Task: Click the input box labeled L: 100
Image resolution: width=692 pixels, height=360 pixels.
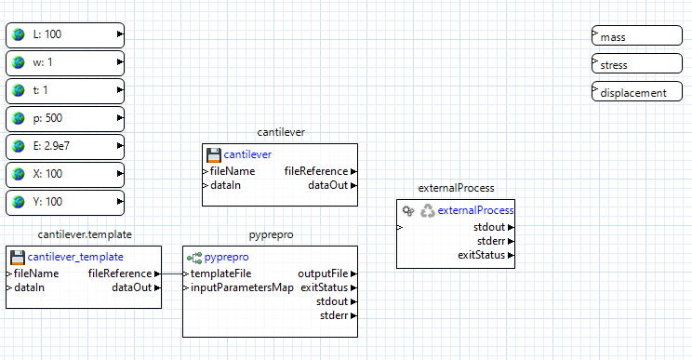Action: [65, 35]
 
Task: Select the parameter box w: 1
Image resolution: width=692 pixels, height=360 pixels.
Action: [65, 63]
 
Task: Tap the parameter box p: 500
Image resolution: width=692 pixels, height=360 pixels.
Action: [65, 118]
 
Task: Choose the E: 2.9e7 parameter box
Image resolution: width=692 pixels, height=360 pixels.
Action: [65, 146]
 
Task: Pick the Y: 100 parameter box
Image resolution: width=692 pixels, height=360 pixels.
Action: [65, 202]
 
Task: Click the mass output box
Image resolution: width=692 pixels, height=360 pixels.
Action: [637, 36]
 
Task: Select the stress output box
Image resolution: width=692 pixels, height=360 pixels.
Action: [637, 65]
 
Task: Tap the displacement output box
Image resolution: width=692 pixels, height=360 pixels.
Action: [637, 92]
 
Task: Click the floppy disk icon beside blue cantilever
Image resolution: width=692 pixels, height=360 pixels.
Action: [213, 154]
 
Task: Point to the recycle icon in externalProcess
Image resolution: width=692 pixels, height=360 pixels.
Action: [427, 211]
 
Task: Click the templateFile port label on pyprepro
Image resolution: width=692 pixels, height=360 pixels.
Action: [220, 273]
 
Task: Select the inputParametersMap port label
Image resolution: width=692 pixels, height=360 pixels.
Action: [242, 287]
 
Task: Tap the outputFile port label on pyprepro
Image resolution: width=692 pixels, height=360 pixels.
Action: [322, 273]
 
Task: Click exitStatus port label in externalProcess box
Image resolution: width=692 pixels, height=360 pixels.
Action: [480, 255]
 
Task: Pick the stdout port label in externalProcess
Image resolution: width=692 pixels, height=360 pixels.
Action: [488, 227]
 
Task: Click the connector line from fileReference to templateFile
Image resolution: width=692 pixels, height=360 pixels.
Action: [172, 273]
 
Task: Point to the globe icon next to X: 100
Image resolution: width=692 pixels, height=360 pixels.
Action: [18, 174]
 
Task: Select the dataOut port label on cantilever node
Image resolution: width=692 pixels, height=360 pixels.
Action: [327, 185]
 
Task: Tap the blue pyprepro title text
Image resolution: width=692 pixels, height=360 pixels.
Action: [226, 257]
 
